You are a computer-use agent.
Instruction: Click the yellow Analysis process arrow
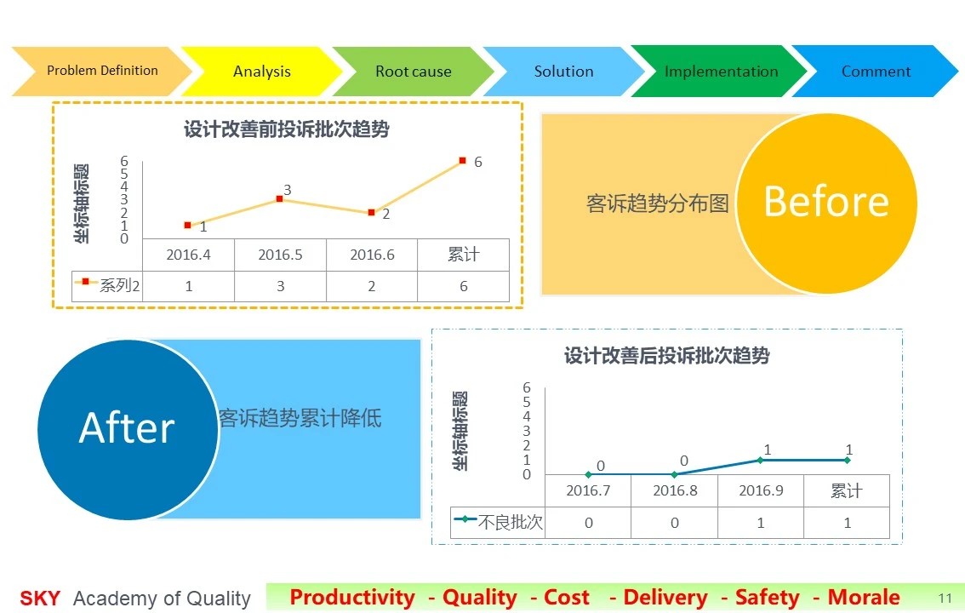click(x=261, y=72)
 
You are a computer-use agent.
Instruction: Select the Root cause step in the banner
click(x=413, y=72)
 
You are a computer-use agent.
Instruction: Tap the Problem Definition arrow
click(x=102, y=71)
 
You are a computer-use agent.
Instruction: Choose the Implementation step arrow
click(x=720, y=72)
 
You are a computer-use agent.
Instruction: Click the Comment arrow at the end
click(x=876, y=72)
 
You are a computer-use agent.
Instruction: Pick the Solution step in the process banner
click(x=563, y=72)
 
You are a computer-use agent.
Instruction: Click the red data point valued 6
click(x=463, y=161)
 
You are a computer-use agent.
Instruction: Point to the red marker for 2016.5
click(x=279, y=198)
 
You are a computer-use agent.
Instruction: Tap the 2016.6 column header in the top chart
click(x=372, y=255)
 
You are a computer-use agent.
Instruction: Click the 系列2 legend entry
click(x=107, y=285)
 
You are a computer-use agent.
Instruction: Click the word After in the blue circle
click(x=127, y=427)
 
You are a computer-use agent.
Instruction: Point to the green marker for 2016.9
click(x=761, y=461)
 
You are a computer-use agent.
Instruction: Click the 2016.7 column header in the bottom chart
click(x=588, y=490)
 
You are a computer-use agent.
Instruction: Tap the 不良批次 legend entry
click(x=499, y=522)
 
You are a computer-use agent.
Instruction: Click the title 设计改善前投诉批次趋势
click(x=286, y=129)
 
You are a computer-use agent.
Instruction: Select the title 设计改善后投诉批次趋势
click(x=666, y=355)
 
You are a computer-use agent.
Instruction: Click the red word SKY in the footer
click(x=40, y=599)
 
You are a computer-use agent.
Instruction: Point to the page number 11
click(x=945, y=599)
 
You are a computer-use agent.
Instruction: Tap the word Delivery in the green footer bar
click(x=665, y=597)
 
